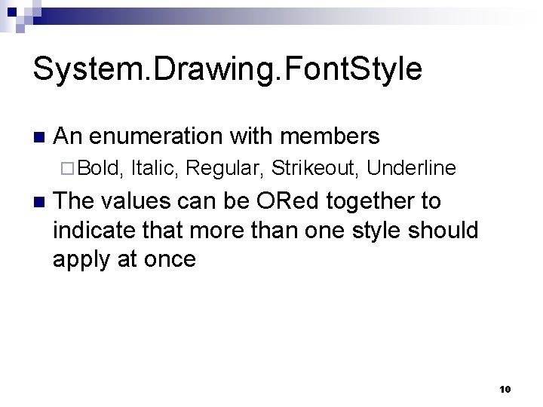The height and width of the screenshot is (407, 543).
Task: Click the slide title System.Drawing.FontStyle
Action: point(227,69)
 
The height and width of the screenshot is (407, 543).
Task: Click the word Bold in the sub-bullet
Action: point(100,167)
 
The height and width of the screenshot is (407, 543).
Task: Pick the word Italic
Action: point(153,167)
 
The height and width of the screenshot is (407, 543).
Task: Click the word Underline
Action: point(411,167)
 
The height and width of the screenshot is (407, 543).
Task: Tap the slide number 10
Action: point(505,389)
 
